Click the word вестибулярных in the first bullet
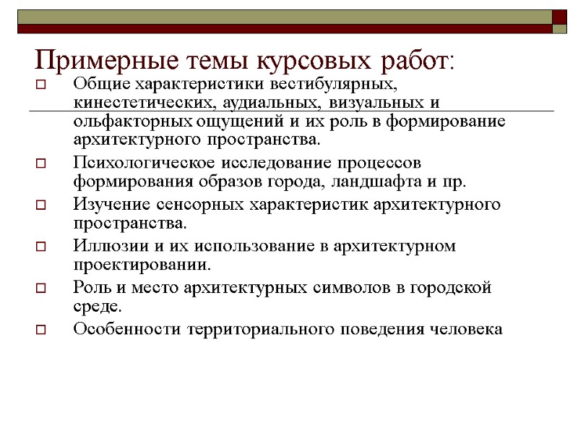pos(334,85)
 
